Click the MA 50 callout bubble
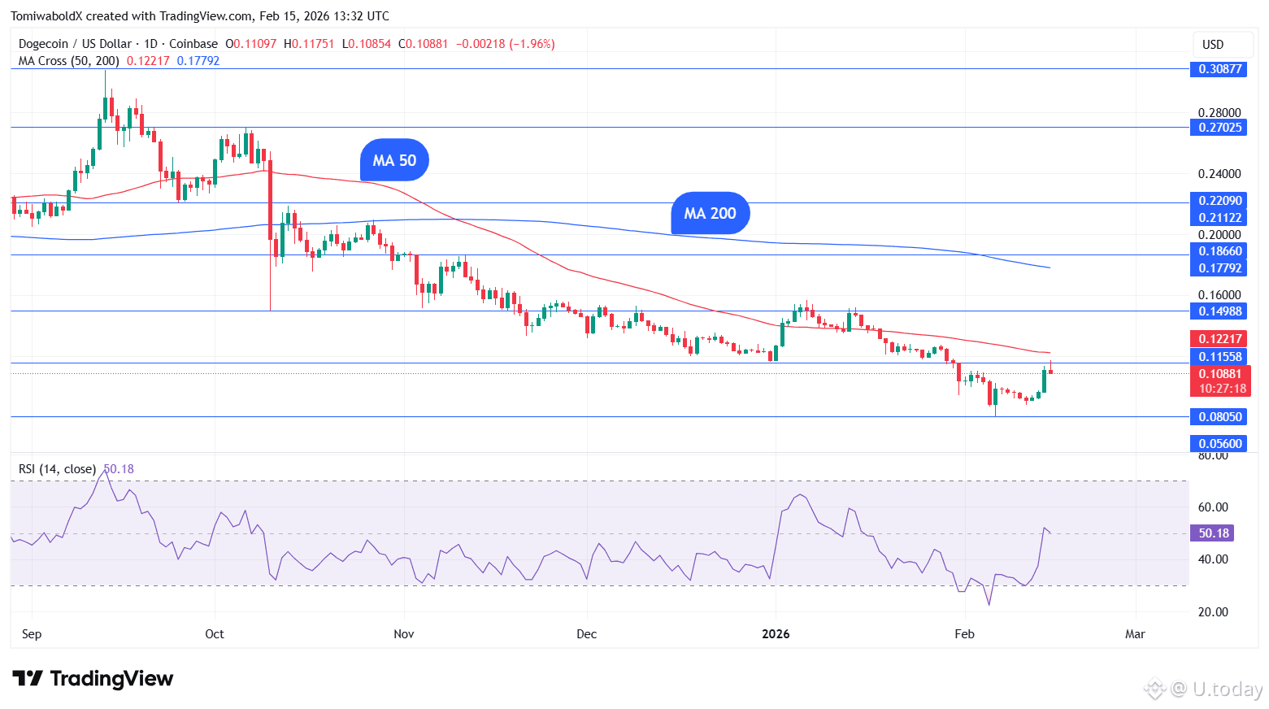(394, 160)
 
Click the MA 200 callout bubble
(710, 213)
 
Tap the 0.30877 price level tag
(1219, 69)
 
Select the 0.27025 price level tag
(1219, 128)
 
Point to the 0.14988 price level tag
(1219, 311)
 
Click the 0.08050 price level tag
(1219, 417)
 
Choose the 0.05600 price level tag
(1219, 444)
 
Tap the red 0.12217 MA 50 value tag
(1219, 339)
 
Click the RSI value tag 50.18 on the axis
(1213, 533)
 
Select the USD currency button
(1213, 45)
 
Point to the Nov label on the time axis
(404, 634)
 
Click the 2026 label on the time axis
(776, 634)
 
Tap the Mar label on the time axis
(1135, 634)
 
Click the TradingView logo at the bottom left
(93, 679)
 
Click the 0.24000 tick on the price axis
(1219, 174)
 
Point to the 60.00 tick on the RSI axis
(1213, 507)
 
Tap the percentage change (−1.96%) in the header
(532, 44)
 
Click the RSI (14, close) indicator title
(57, 469)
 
